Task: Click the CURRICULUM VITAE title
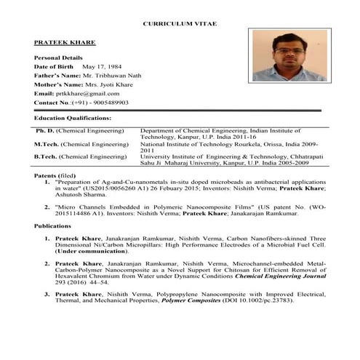(180, 24)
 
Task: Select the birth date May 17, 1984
(104, 66)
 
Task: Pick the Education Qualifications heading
(73, 117)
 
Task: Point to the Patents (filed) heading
(55, 177)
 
